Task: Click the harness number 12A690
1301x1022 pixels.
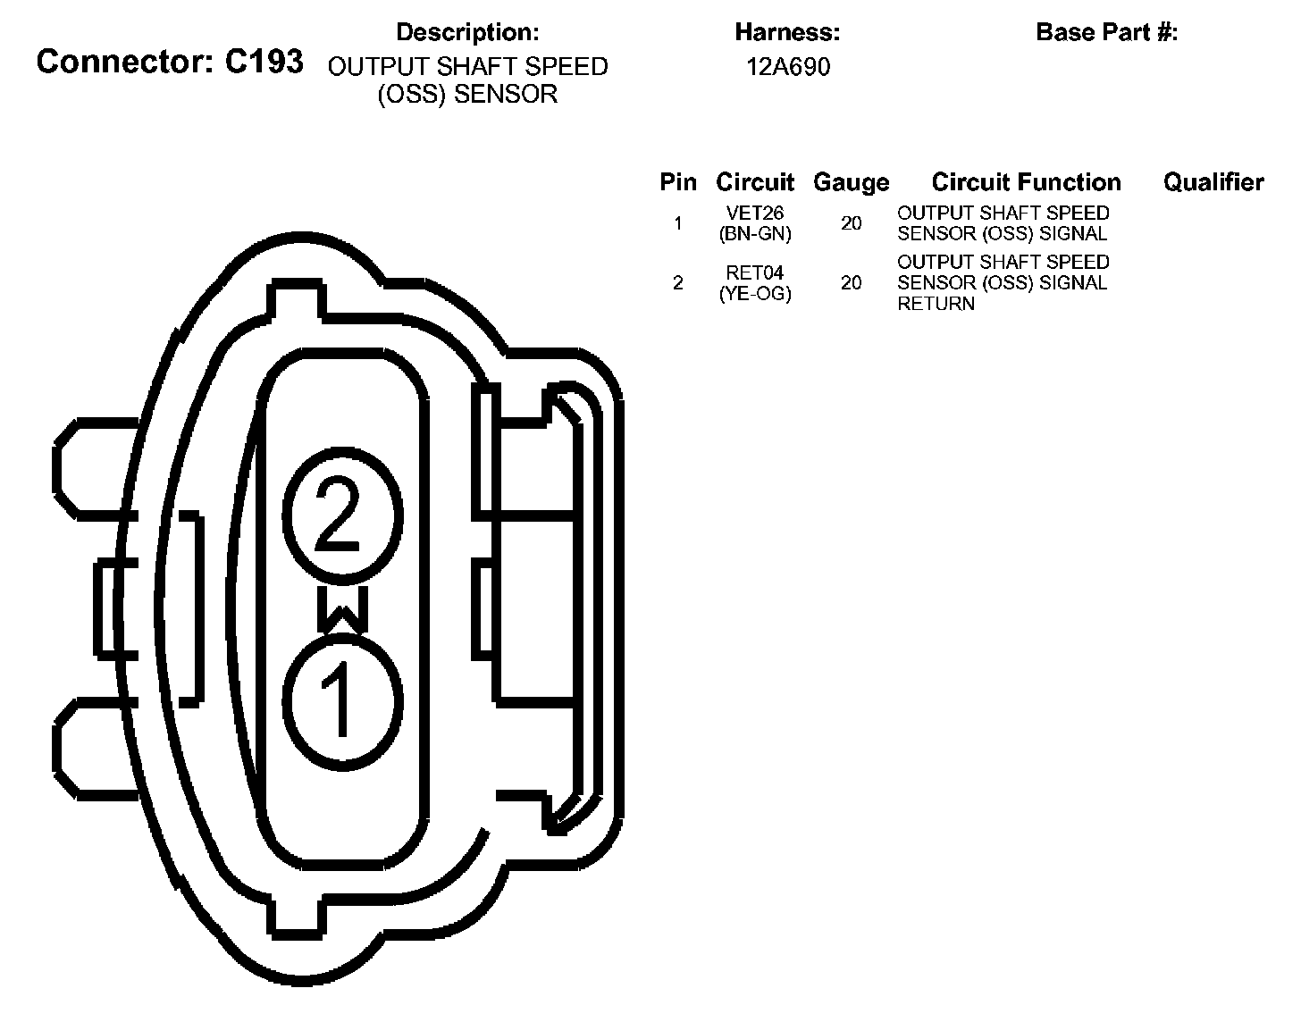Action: point(788,67)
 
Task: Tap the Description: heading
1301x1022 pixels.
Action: point(467,33)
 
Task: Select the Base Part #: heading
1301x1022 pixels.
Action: point(1106,33)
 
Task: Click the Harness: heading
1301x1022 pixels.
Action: point(787,33)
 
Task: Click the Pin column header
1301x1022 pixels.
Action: point(678,182)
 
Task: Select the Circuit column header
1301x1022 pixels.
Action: point(755,182)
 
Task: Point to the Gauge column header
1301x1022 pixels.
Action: point(851,183)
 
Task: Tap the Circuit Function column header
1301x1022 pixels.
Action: point(1026,182)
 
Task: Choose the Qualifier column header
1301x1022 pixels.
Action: point(1213,182)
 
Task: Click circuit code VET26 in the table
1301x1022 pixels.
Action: point(755,214)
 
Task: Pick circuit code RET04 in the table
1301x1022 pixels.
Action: point(755,273)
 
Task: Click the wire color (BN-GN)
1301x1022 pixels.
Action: point(755,234)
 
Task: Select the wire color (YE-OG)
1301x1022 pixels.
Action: point(755,293)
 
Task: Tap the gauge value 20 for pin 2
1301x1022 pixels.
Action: point(852,283)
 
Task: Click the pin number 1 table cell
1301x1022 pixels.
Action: point(678,223)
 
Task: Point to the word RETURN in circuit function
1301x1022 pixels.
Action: point(936,304)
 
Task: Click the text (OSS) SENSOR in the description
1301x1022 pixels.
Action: point(467,95)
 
